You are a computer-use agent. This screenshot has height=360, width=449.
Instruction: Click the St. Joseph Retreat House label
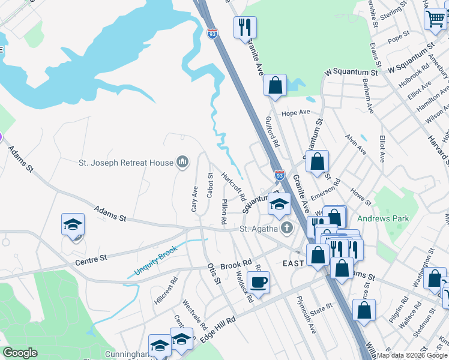[x=125, y=162]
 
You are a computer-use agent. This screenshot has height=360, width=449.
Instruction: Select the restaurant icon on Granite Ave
[x=246, y=27]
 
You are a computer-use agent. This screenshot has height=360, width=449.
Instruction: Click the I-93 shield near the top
[x=212, y=34]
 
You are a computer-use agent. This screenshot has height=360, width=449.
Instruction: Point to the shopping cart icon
[x=435, y=18]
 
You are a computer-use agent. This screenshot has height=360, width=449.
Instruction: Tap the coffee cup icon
[x=258, y=282]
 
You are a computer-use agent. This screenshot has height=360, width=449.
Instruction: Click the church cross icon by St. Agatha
[x=287, y=228]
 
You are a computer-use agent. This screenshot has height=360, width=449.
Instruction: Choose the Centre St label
[x=91, y=258]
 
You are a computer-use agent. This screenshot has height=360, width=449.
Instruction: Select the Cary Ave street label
[x=194, y=199]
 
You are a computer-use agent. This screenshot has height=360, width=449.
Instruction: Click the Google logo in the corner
[x=20, y=353]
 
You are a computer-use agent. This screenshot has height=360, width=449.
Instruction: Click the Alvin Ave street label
[x=355, y=145]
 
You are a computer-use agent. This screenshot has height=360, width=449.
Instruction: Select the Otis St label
[x=214, y=274]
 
